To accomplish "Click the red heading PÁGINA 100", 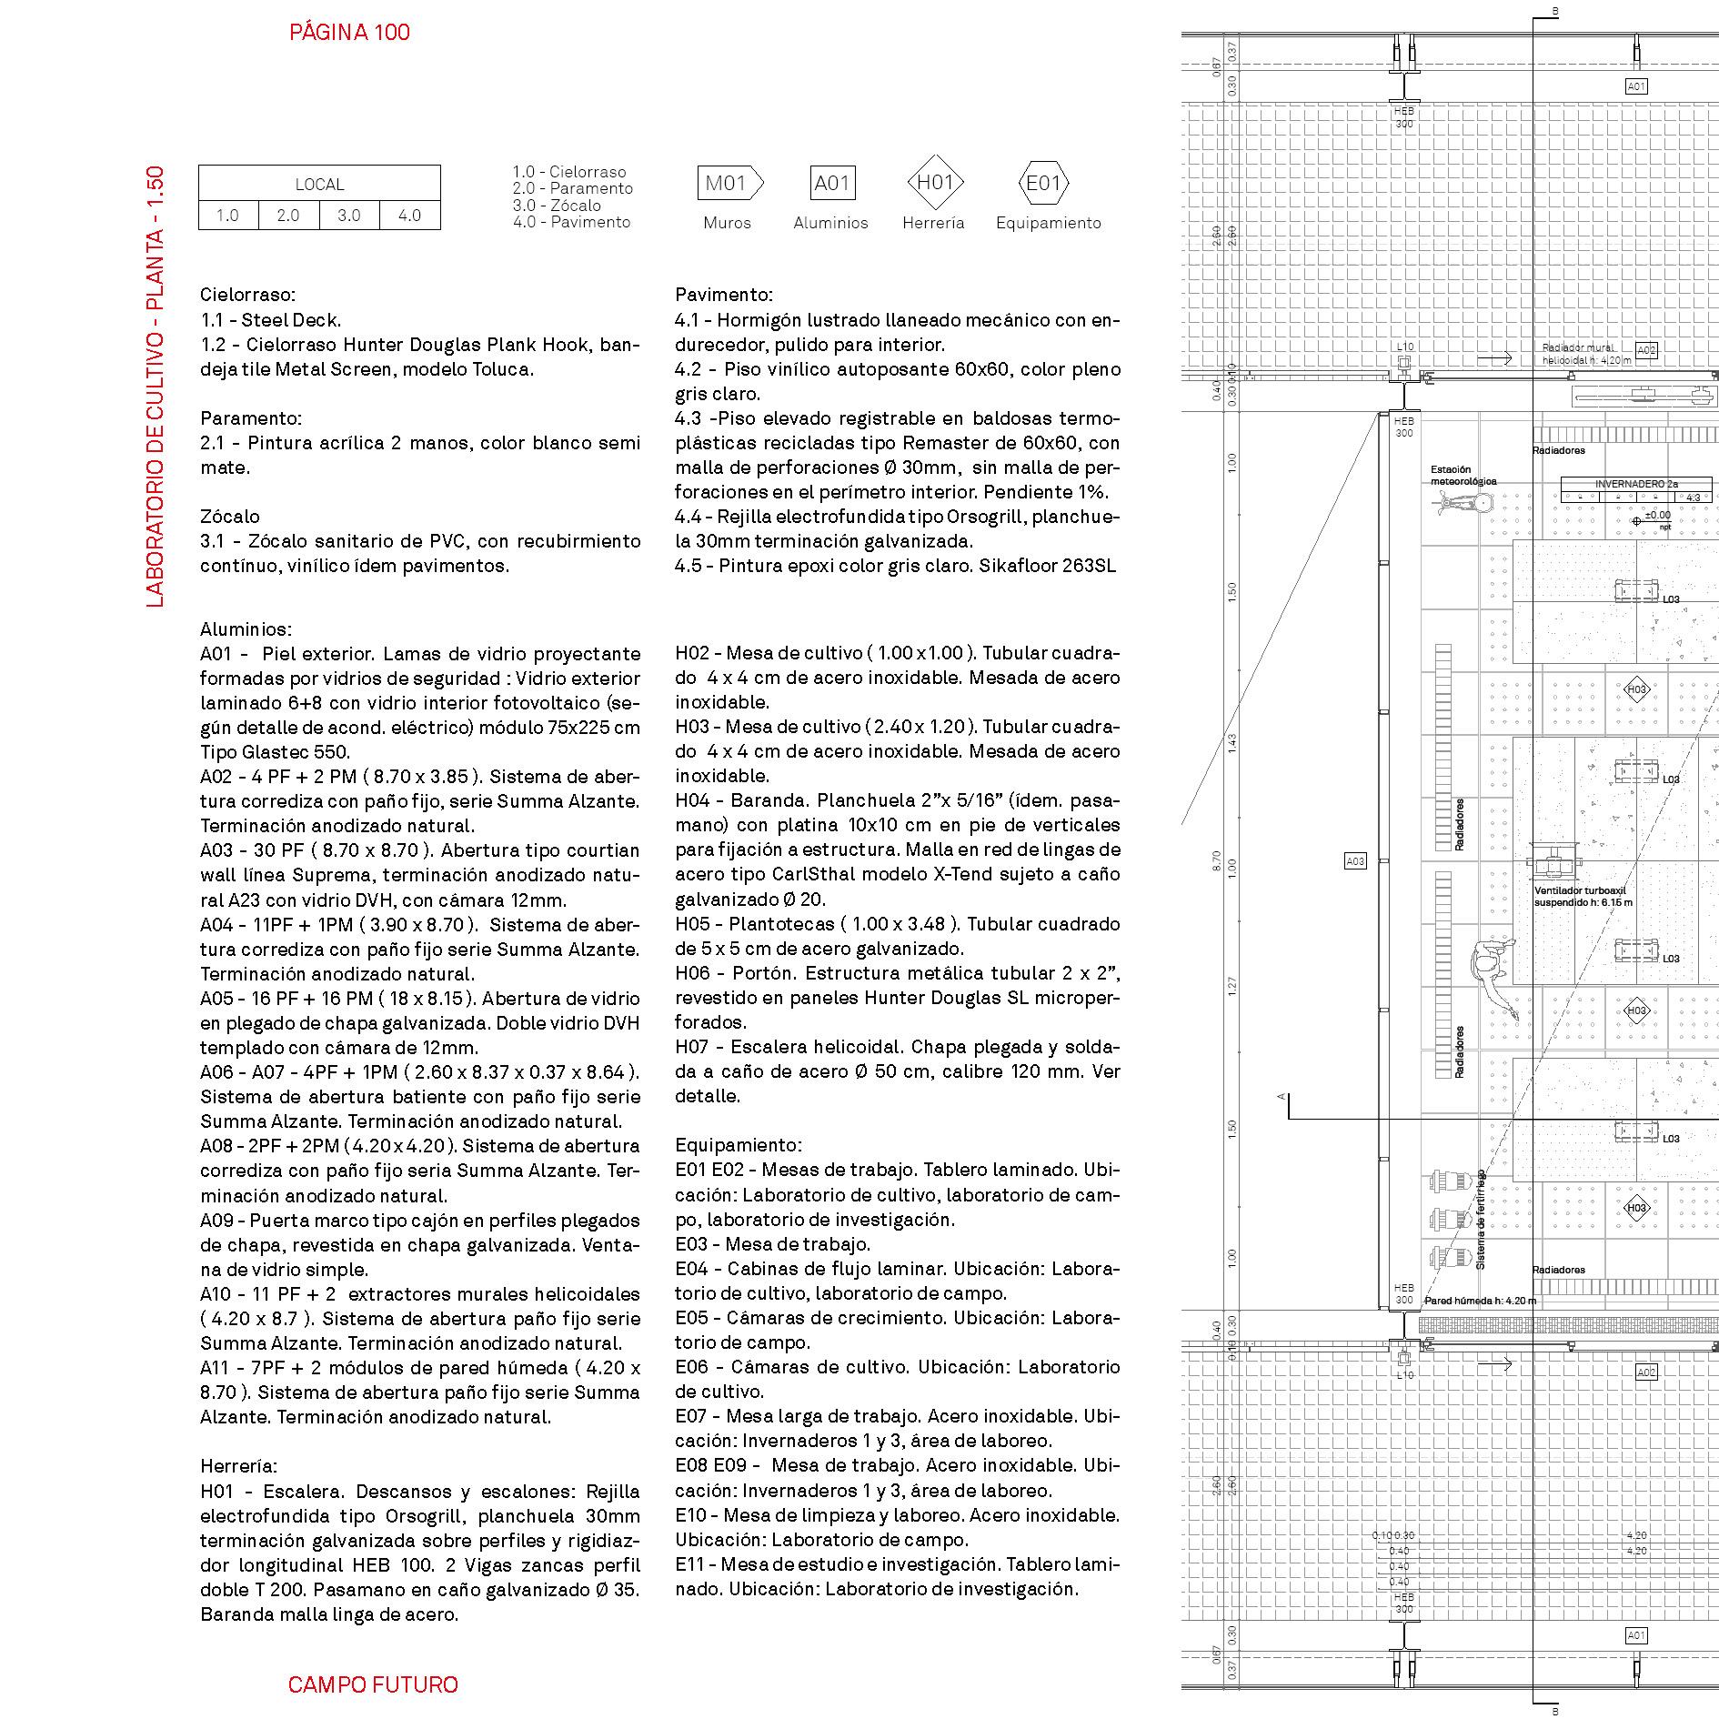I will point(349,33).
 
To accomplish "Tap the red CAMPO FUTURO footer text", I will point(373,1684).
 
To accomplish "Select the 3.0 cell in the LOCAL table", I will point(349,216).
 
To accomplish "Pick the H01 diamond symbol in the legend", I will point(935,183).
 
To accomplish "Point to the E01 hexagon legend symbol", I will point(1043,184).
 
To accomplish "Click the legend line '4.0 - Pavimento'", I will point(571,222).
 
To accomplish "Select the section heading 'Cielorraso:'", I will point(247,295).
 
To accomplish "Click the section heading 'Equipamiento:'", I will point(739,1145).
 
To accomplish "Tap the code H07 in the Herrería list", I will point(695,1047).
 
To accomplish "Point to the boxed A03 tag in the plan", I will point(1355,861).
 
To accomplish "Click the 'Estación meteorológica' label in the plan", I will point(1463,476).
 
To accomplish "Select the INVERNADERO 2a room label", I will point(1636,485).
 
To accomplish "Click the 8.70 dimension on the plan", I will point(1217,861).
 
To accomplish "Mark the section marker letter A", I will point(1282,1096).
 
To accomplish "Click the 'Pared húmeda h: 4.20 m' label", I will point(1480,1301).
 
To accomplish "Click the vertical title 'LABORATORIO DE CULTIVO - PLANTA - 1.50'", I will point(156,387).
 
